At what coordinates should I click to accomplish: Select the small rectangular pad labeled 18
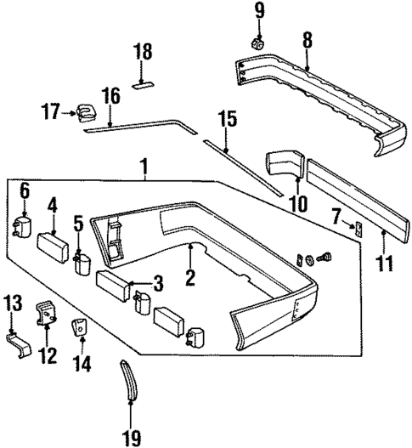click(x=142, y=84)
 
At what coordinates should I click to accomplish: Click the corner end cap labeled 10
click(x=285, y=165)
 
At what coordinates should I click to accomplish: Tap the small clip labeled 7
click(x=358, y=227)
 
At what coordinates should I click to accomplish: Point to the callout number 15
click(x=224, y=119)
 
